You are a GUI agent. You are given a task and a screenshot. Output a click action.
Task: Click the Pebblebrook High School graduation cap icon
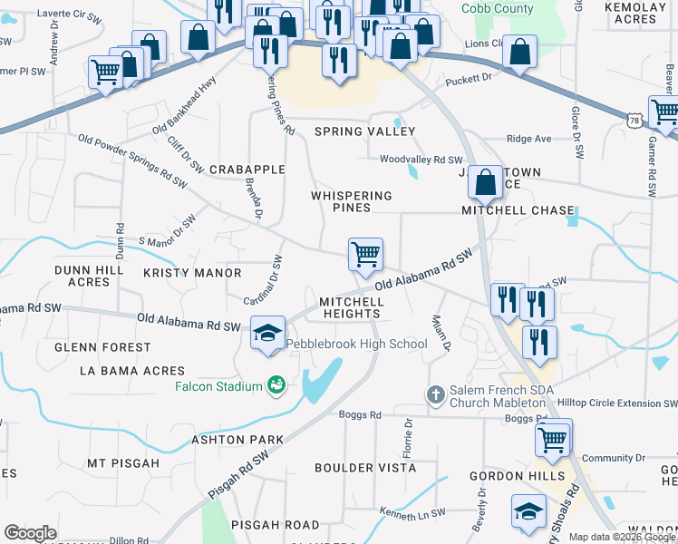coord(268,333)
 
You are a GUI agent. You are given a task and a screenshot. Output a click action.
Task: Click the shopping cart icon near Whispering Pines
coord(365,256)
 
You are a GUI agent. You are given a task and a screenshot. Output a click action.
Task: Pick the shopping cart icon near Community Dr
coord(552,440)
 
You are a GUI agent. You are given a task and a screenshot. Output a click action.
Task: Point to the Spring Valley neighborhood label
coord(352,131)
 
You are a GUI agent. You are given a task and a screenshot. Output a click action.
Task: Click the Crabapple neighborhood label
coord(247,170)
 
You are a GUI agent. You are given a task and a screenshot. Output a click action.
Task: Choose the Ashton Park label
coord(237,440)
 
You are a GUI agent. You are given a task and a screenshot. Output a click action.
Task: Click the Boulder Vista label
coord(356,468)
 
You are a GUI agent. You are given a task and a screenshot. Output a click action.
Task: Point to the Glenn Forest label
coord(102,347)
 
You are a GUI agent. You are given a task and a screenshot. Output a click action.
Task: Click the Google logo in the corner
coord(30,533)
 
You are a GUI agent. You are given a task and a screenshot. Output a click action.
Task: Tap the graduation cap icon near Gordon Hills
coord(528,512)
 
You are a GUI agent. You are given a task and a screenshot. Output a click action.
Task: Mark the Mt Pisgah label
coord(123,463)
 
